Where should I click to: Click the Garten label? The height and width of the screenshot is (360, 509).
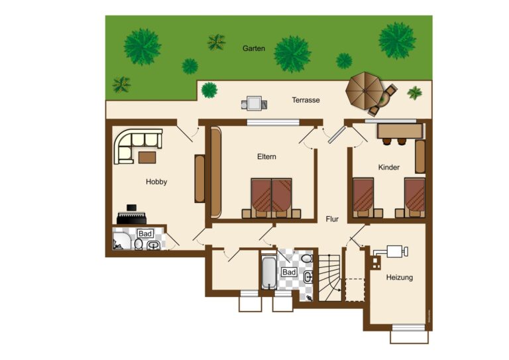click(254, 48)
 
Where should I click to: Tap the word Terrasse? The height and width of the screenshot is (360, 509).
click(306, 100)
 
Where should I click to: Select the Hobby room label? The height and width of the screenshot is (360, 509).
click(156, 182)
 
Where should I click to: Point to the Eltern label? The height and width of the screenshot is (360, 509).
click(266, 156)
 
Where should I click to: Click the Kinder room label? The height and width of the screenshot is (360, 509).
click(388, 167)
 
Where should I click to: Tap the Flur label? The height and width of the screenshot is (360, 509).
click(332, 219)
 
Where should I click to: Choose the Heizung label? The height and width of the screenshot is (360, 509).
click(399, 278)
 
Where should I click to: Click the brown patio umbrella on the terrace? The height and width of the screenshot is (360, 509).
click(365, 91)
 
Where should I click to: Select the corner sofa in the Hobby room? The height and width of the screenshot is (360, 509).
click(138, 146)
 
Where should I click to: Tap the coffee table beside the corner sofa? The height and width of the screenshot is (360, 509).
click(147, 157)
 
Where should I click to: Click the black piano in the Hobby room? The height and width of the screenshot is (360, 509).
click(131, 215)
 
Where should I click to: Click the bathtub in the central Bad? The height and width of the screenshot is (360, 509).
click(269, 272)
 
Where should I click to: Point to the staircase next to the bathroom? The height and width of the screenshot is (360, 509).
click(329, 278)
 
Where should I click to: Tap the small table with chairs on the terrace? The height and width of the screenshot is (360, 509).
click(254, 103)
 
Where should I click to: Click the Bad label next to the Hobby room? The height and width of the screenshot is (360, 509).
click(145, 233)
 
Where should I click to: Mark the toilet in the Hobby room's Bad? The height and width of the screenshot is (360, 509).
click(139, 244)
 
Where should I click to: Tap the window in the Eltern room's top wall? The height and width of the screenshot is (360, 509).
click(272, 123)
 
